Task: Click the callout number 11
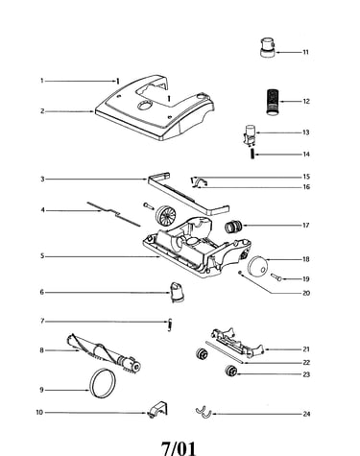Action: click(306, 52)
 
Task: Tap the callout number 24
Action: click(306, 414)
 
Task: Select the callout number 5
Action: click(42, 256)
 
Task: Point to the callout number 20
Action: click(306, 293)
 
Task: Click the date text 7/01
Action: click(178, 447)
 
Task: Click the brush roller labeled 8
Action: click(104, 353)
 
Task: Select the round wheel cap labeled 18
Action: click(257, 266)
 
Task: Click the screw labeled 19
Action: click(276, 277)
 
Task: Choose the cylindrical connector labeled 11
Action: click(268, 47)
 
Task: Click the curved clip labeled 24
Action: click(204, 413)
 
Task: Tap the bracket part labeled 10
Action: click(157, 410)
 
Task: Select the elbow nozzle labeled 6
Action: click(177, 292)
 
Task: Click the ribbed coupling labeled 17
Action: click(233, 227)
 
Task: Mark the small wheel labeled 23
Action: click(230, 372)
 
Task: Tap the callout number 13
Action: click(306, 132)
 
